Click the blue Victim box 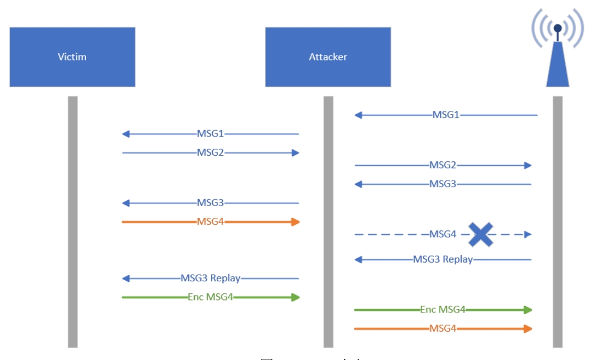tap(72, 57)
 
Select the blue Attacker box tap(328, 57)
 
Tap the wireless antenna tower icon tap(557, 51)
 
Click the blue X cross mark tap(481, 234)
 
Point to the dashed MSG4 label tap(443, 234)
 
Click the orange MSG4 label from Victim tap(210, 221)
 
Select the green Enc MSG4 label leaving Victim tap(210, 297)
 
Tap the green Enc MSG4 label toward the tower tap(443, 310)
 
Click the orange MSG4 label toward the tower tap(443, 328)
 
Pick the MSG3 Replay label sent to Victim tap(210, 278)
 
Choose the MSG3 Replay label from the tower tap(443, 259)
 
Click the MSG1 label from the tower tap(446, 115)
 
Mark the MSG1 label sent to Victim tap(210, 134)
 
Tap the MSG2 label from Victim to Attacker tap(210, 153)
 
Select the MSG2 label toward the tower tap(443, 165)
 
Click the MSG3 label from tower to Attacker tap(443, 184)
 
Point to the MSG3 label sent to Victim tap(210, 203)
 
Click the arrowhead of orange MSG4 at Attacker tap(295, 222)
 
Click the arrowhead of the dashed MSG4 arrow tap(528, 234)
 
